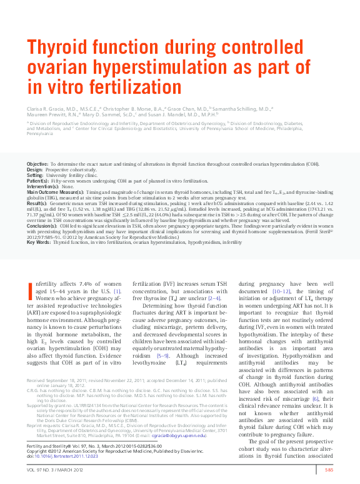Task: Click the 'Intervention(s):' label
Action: pyautogui.click(x=44, y=186)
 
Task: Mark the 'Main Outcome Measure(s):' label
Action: pyautogui.click(x=56, y=192)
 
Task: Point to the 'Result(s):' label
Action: pyautogui.click(x=37, y=204)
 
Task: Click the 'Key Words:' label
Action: pyautogui.click(x=38, y=241)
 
